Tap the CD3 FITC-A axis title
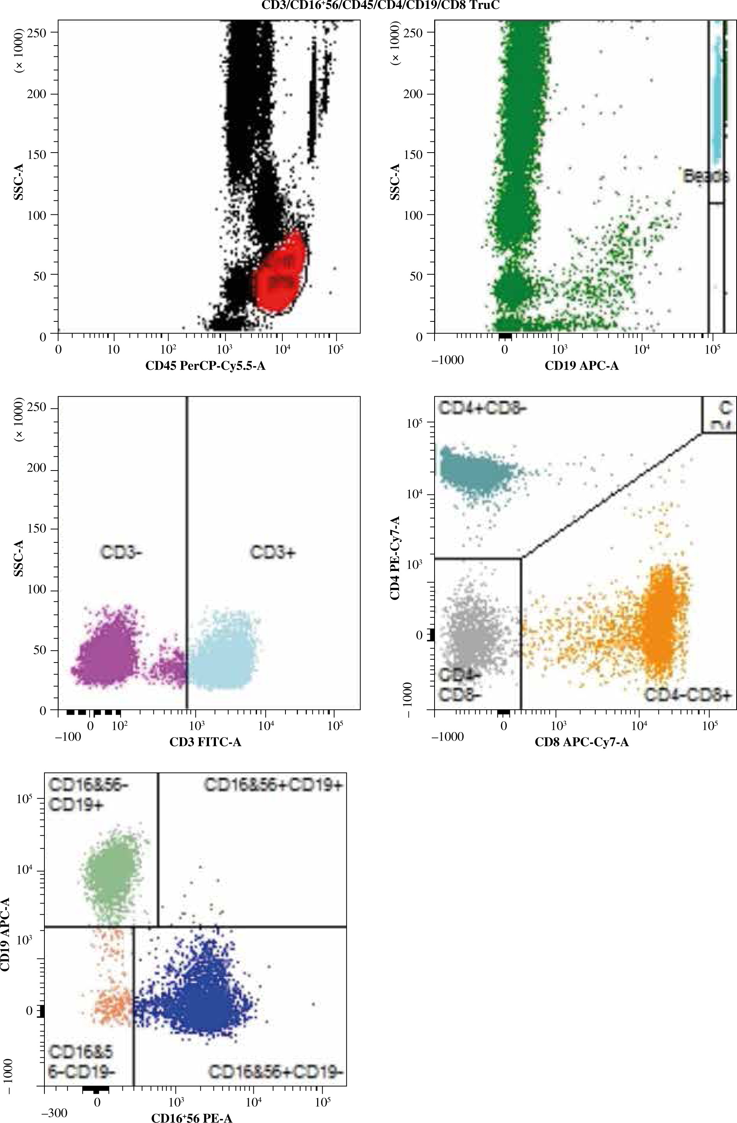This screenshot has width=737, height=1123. click(x=205, y=742)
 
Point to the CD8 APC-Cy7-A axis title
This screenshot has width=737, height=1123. click(x=581, y=742)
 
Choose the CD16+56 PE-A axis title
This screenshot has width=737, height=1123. click(x=192, y=1117)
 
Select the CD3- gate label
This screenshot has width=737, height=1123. click(x=121, y=552)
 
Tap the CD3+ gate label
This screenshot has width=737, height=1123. click(x=273, y=552)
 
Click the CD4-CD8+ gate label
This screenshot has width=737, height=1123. click(x=688, y=695)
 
